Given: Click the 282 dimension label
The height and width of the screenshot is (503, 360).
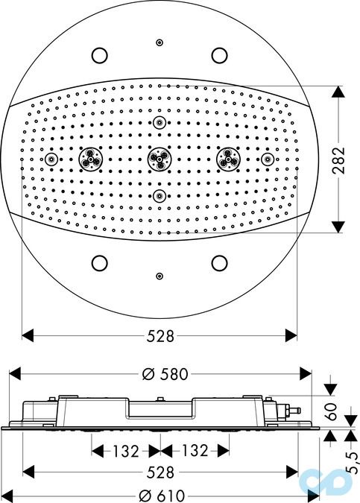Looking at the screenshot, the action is tap(338, 160).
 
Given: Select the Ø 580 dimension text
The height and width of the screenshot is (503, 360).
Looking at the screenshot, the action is tap(165, 374).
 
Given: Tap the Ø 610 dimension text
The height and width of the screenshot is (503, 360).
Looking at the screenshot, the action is tap(162, 496).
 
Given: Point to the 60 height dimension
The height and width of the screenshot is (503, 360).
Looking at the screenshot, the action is tap(331, 411).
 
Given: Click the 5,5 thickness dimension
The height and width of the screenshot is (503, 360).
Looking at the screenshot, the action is tap(353, 462).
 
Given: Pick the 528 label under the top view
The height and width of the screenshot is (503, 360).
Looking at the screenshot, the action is tap(160, 336).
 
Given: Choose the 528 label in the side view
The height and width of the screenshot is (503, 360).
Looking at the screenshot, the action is tap(160, 472).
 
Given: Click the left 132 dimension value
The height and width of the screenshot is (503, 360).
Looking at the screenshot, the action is tap(125, 451).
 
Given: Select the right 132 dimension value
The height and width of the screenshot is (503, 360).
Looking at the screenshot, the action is tap(195, 451).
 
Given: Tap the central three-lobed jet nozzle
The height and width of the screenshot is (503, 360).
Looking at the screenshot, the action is tap(160, 159).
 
